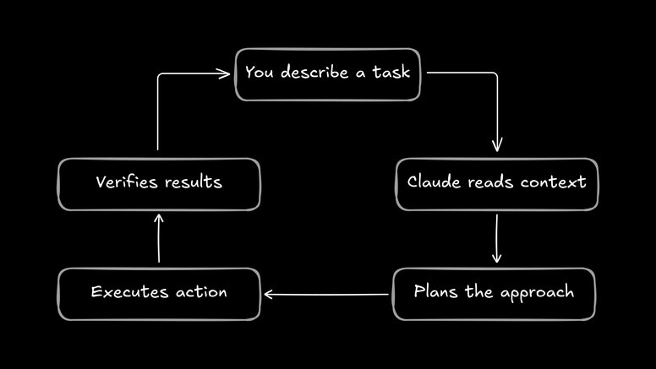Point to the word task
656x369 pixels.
point(391,72)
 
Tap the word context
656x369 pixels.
point(553,182)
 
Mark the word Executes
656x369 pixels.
point(126,292)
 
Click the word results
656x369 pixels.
point(194,182)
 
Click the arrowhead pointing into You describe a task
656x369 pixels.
point(225,73)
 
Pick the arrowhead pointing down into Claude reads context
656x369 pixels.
point(496,146)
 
